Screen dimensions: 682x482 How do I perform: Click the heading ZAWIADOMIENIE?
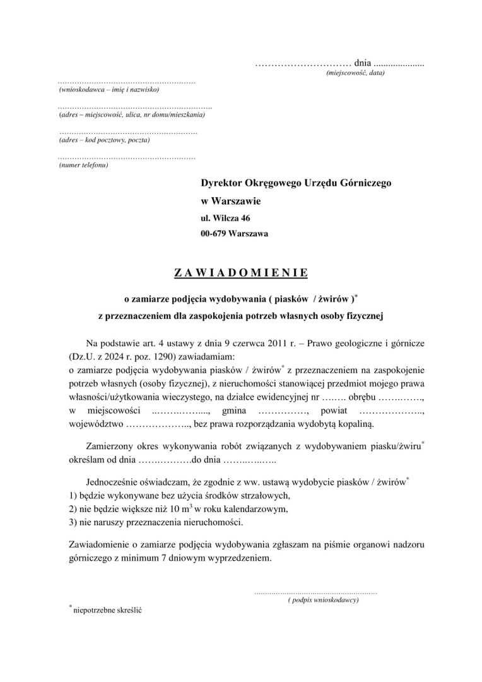click(240, 273)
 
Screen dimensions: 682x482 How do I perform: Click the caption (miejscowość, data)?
click(355, 73)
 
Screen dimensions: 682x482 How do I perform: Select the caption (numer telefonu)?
click(83, 165)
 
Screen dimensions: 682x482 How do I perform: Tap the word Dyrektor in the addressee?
click(221, 183)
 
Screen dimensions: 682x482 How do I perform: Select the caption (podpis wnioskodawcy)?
click(323, 600)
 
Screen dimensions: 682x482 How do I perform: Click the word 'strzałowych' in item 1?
click(262, 496)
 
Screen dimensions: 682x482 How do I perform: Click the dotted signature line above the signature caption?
click(315, 593)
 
